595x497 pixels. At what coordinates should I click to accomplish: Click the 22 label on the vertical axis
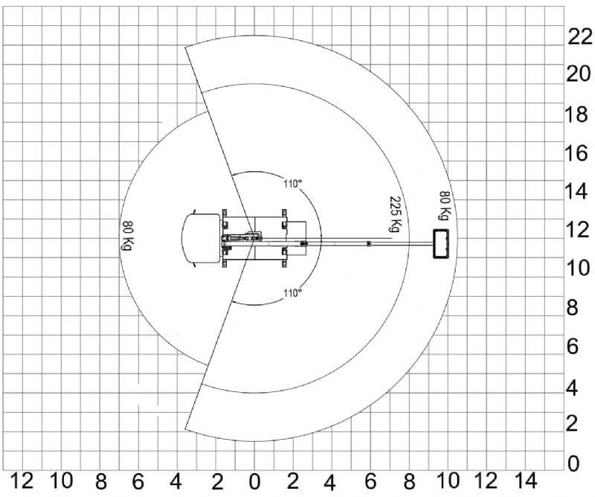pyautogui.click(x=580, y=37)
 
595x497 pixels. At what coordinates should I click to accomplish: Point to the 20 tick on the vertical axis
pyautogui.click(x=579, y=74)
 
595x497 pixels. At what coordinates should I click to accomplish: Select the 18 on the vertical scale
pyautogui.click(x=576, y=114)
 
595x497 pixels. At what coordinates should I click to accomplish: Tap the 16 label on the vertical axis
pyautogui.click(x=576, y=153)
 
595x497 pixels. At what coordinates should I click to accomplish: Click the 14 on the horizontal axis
pyautogui.click(x=526, y=481)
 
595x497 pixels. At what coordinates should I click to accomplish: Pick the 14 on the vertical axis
pyautogui.click(x=576, y=191)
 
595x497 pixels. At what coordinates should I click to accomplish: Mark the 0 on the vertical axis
pyautogui.click(x=573, y=464)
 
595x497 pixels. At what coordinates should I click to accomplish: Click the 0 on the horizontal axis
pyautogui.click(x=254, y=482)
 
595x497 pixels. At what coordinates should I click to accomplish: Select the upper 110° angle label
pyautogui.click(x=292, y=184)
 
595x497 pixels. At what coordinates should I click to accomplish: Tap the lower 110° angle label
pyautogui.click(x=292, y=293)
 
